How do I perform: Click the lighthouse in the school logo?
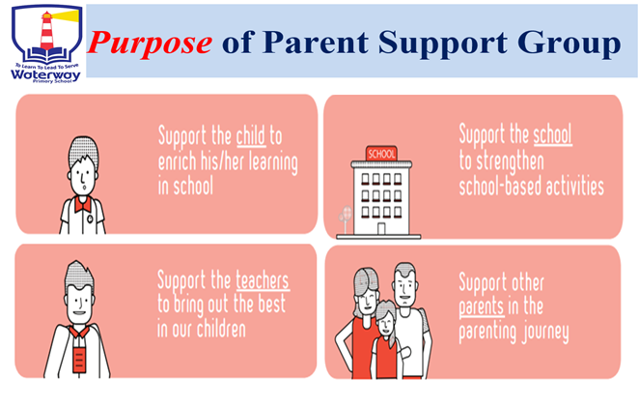click(x=47, y=31)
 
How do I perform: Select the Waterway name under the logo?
click(x=45, y=74)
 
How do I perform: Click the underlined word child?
click(x=251, y=135)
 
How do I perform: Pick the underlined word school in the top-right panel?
click(x=552, y=133)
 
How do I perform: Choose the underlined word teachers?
click(x=263, y=280)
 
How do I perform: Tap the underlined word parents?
click(x=482, y=306)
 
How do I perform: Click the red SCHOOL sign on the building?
click(x=381, y=154)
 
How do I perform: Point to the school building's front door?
click(x=381, y=228)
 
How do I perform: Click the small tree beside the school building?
click(x=345, y=218)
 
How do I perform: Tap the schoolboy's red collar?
click(x=83, y=203)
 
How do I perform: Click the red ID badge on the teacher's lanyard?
click(x=78, y=360)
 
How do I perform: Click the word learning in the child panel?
click(x=273, y=162)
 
